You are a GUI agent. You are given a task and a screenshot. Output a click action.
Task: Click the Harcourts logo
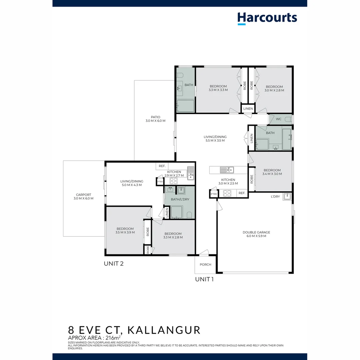click(x=267, y=18)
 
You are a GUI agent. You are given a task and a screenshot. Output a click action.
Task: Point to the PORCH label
click(x=205, y=265)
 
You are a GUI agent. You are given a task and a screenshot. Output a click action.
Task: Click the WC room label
click(x=279, y=119)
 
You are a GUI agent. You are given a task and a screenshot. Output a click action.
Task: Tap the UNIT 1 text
click(x=204, y=279)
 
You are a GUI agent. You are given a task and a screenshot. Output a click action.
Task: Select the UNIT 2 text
click(x=114, y=264)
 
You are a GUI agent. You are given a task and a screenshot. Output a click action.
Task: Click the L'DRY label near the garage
click(x=275, y=197)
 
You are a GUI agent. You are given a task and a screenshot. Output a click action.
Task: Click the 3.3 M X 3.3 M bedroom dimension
click(x=218, y=90)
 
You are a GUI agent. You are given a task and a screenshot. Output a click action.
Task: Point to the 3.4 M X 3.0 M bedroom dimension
click(x=272, y=174)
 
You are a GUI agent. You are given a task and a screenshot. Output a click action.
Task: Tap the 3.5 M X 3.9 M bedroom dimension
click(x=125, y=232)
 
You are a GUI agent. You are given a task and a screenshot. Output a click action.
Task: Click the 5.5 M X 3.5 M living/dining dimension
click(x=215, y=140)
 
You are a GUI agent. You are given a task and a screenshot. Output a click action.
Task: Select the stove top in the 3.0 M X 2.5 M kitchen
click(x=227, y=193)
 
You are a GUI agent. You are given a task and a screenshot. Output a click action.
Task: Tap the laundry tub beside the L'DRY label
click(x=287, y=196)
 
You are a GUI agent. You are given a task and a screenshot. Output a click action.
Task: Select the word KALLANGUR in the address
click(x=164, y=330)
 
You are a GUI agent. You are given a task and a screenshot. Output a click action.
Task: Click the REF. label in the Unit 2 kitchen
click(x=162, y=166)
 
